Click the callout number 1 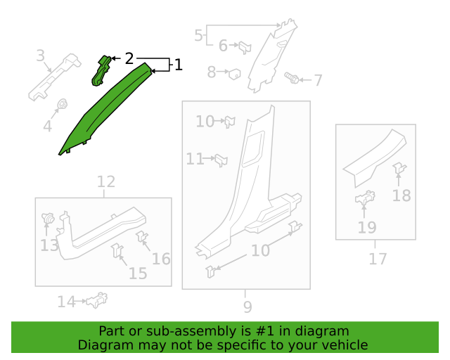pyautogui.click(x=179, y=65)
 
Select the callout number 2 pyautogui.click(x=129, y=58)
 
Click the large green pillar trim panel pyautogui.click(x=105, y=112)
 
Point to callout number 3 pyautogui.click(x=40, y=56)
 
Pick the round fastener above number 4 pyautogui.click(x=61, y=105)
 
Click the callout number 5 pyautogui.click(x=198, y=34)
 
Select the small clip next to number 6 pyautogui.click(x=245, y=48)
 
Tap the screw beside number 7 pyautogui.click(x=292, y=77)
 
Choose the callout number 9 pyautogui.click(x=247, y=306)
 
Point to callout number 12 pyautogui.click(x=105, y=182)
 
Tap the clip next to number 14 pyautogui.click(x=96, y=301)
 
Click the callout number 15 pyautogui.click(x=138, y=273)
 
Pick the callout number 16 pyautogui.click(x=161, y=259)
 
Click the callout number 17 pyautogui.click(x=378, y=259)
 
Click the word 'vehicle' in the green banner pyautogui.click(x=342, y=345)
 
